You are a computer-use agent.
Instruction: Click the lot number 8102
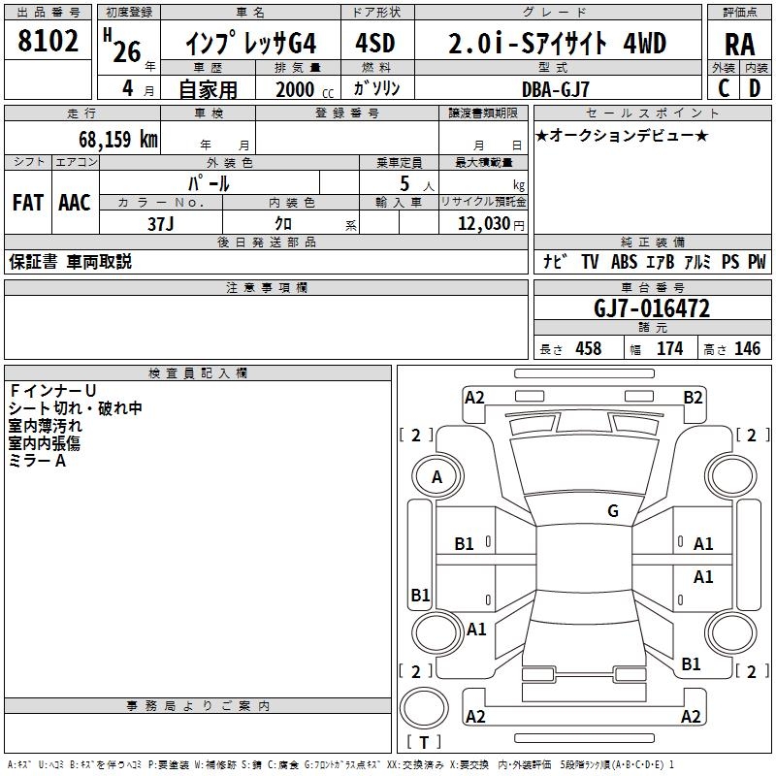(48, 43)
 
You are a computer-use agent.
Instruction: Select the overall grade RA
(740, 45)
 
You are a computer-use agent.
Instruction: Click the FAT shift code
(28, 203)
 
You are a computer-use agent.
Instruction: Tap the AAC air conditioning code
(75, 203)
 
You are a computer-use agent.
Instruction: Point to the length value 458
(589, 348)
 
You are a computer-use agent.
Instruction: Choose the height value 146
(748, 348)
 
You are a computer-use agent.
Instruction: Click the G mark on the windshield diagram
(612, 511)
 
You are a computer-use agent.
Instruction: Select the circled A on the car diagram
(436, 477)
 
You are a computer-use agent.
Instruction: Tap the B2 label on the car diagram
(693, 397)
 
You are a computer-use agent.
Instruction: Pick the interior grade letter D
(755, 87)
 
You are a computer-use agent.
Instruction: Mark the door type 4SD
(377, 44)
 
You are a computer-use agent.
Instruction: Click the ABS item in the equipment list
(624, 262)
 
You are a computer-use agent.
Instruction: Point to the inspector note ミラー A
(37, 461)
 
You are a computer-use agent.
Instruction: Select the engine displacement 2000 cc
(301, 88)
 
